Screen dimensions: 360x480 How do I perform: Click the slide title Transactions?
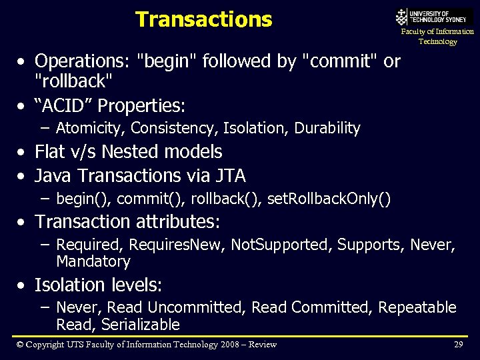coord(203,19)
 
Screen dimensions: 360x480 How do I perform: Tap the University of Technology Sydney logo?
coord(433,16)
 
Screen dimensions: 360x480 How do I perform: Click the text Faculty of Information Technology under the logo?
coord(437,36)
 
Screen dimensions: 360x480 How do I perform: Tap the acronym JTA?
coord(230,176)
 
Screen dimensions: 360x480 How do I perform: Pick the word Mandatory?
coord(93,261)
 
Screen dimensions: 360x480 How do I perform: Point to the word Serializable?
coord(146,325)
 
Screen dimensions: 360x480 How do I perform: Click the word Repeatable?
coord(417,307)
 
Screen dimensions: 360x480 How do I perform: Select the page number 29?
coord(458,344)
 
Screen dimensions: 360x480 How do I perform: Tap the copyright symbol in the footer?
coord(20,344)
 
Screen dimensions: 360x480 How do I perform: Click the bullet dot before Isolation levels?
coord(23,286)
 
